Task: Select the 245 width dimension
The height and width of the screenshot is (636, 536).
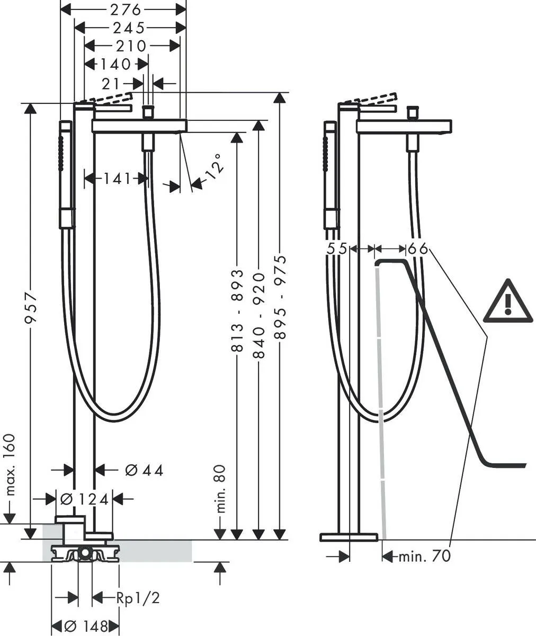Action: click(128, 28)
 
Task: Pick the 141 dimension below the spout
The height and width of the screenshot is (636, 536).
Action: click(116, 179)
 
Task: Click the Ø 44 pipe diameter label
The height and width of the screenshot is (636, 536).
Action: click(144, 470)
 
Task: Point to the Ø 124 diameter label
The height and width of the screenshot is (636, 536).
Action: click(85, 499)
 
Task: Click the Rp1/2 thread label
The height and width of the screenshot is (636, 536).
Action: click(138, 598)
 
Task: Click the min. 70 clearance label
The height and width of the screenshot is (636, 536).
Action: click(424, 556)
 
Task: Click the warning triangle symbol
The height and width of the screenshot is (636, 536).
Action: click(508, 302)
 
